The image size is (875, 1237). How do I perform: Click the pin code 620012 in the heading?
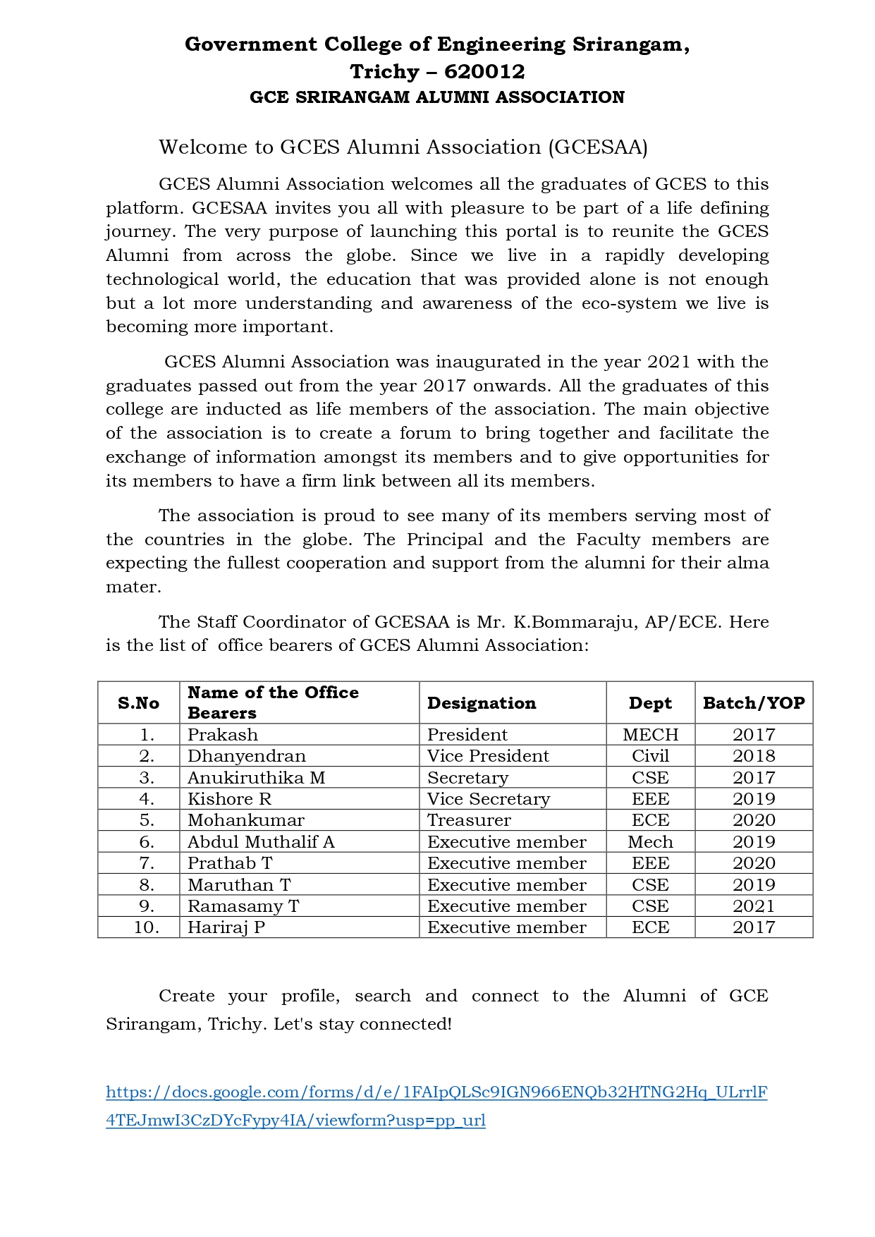point(484,71)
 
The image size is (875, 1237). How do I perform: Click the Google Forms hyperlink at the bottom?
point(436,1092)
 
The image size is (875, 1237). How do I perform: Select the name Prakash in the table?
point(223,734)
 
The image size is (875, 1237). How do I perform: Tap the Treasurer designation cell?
point(469,819)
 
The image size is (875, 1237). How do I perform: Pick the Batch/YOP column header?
point(754,702)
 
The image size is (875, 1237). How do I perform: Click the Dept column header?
point(650,702)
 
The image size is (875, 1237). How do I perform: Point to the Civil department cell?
point(650,755)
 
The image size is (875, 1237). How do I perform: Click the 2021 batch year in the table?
point(754,906)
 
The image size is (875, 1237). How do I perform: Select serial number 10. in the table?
point(147,927)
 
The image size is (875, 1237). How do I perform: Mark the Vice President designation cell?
point(488,755)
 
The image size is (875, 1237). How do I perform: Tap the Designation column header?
point(482,702)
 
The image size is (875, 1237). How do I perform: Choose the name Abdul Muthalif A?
point(261,841)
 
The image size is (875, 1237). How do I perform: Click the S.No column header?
point(138,702)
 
